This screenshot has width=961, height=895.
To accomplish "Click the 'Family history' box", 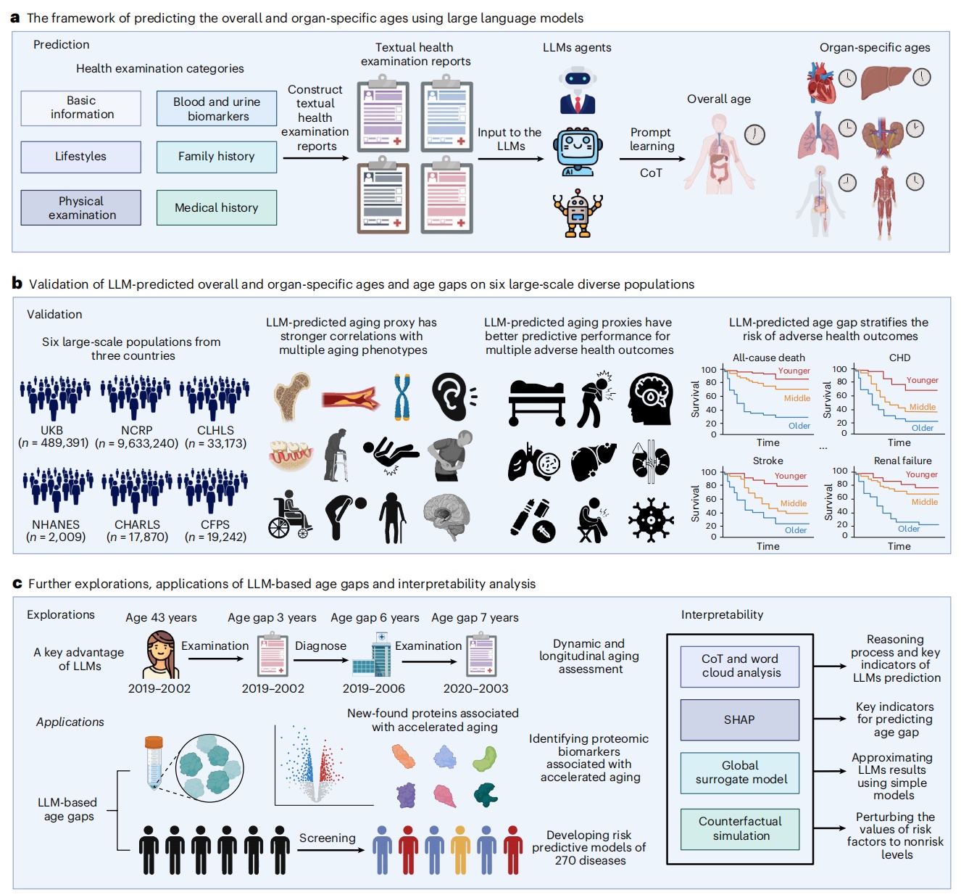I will pyautogui.click(x=216, y=157).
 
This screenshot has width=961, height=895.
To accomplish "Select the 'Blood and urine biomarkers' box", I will pyautogui.click(x=216, y=109).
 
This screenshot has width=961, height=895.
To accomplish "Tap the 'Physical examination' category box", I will pyautogui.click(x=81, y=207).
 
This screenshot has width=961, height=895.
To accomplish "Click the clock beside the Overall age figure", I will pyautogui.click(x=754, y=134).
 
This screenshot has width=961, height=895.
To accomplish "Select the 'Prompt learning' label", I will pyautogui.click(x=651, y=139).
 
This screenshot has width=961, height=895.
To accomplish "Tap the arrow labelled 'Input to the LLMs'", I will pyautogui.click(x=510, y=158).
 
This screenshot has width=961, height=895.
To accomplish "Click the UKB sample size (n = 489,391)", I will pyautogui.click(x=54, y=443).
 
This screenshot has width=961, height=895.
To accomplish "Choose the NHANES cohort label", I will pyautogui.click(x=56, y=524).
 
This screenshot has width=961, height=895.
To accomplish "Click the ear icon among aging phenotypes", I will pyautogui.click(x=453, y=397).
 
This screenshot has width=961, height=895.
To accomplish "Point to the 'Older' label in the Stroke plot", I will pyautogui.click(x=795, y=530).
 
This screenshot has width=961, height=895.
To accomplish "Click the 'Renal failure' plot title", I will pyautogui.click(x=902, y=461).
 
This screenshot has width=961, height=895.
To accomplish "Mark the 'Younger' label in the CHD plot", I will pyautogui.click(x=922, y=380).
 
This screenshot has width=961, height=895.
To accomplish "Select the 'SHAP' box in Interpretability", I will pyautogui.click(x=739, y=719).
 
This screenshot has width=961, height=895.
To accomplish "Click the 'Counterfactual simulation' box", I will pyautogui.click(x=740, y=828).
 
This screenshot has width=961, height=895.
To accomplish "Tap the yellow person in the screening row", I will pyautogui.click(x=460, y=849).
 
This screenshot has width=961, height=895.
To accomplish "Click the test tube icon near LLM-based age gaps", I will pyautogui.click(x=153, y=762).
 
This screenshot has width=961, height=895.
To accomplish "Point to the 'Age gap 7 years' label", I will pyautogui.click(x=475, y=618).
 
